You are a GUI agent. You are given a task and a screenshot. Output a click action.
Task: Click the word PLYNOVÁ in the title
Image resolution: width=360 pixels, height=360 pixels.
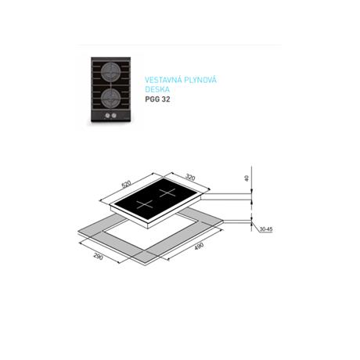point(200,80)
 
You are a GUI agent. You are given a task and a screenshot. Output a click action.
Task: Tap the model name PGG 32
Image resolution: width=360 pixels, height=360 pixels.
point(157,99)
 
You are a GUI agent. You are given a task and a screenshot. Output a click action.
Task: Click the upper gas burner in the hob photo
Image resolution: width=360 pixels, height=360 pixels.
point(110,70)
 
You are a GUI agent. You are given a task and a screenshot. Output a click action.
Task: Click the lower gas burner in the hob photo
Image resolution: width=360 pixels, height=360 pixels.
point(110,97)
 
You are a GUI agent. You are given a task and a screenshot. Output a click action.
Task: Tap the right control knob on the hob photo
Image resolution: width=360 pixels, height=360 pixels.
point(113,116)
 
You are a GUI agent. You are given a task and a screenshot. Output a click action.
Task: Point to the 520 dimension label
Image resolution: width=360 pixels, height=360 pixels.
point(126,184)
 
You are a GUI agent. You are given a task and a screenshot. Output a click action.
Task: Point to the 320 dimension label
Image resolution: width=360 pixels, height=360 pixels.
point(190,177)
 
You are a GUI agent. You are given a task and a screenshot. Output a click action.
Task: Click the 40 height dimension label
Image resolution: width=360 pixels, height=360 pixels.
point(247,178)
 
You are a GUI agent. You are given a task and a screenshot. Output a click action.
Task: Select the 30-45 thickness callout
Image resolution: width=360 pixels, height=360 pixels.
point(266,229)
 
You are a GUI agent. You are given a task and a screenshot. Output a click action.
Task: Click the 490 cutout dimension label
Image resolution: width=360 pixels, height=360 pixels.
point(198,247)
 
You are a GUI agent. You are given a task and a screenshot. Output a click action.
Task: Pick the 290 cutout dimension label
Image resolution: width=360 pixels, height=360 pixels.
point(99,257)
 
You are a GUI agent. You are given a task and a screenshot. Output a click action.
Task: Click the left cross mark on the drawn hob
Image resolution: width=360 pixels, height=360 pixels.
point(145,204)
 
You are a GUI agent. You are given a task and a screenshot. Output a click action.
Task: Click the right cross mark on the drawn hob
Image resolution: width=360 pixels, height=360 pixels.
point(167,193)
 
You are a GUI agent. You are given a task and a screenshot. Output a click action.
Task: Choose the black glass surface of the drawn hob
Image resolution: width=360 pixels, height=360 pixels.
point(156,198)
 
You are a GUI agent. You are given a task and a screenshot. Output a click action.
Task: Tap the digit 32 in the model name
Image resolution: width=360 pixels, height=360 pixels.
point(166,99)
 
